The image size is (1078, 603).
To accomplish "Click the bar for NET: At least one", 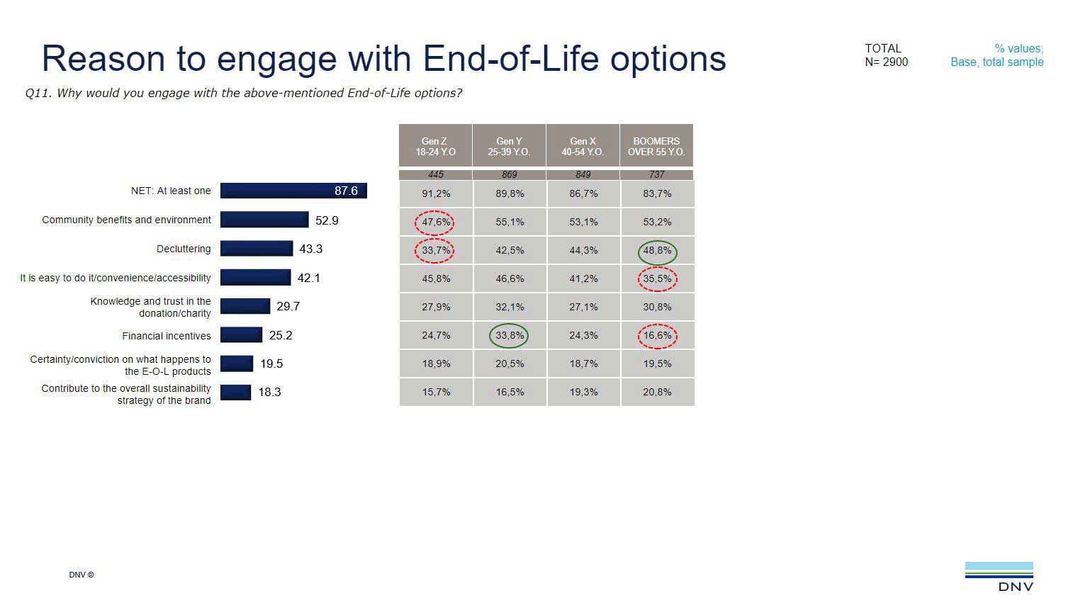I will [293, 191].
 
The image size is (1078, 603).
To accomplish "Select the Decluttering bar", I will [256, 249].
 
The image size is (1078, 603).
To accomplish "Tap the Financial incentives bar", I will [241, 335].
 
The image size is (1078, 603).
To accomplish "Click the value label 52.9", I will [327, 220].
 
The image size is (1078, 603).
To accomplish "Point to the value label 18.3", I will [269, 392].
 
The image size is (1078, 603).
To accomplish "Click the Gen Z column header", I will [435, 146].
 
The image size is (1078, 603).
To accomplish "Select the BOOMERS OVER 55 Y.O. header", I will [656, 146].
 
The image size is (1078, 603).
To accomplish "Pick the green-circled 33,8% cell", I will [509, 335].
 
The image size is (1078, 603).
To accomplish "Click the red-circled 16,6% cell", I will [657, 335].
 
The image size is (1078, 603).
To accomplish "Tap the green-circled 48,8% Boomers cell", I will [657, 251].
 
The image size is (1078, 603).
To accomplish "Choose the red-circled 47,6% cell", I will [435, 222].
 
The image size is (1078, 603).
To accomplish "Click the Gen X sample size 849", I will [583, 174].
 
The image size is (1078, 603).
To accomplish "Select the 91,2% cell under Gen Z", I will [436, 193].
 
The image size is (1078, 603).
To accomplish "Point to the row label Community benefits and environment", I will [126, 220].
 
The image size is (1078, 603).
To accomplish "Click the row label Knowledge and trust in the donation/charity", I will [150, 307].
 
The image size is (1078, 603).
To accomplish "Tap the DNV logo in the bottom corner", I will [999, 576].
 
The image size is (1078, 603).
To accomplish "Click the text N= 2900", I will [886, 62].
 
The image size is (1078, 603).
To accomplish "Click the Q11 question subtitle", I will [243, 93].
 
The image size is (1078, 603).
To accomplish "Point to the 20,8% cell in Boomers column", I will [657, 392].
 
